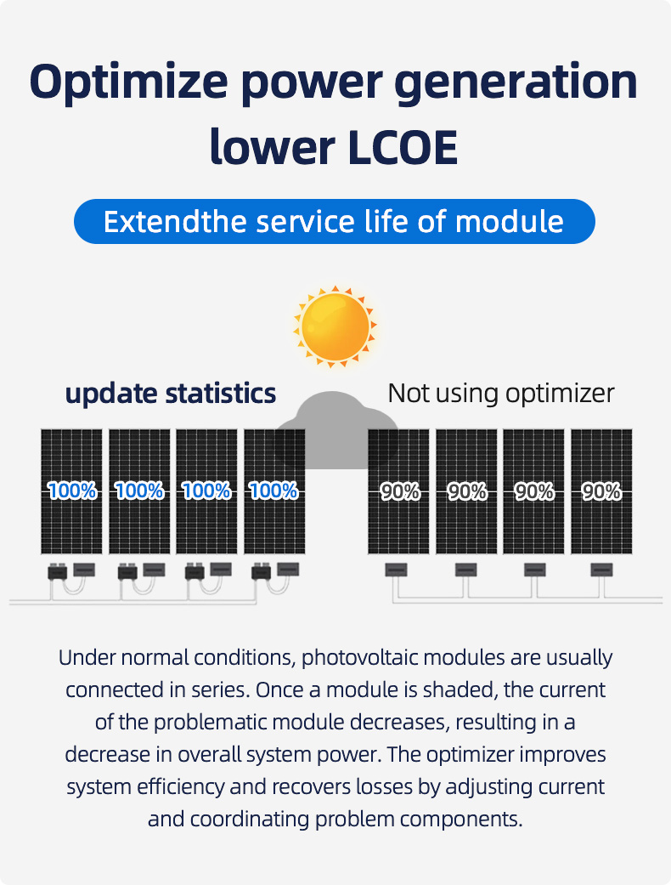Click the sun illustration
click(335, 326)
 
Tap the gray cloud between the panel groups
click(336, 430)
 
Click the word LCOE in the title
click(403, 148)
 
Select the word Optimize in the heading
click(128, 82)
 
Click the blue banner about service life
click(335, 221)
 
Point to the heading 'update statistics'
click(171, 394)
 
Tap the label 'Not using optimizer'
click(501, 394)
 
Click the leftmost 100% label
click(72, 491)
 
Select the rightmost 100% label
click(273, 491)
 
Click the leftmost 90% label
click(400, 491)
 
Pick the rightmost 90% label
click(601, 491)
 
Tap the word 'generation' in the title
click(516, 82)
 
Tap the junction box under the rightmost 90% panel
click(601, 570)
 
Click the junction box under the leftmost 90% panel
click(397, 570)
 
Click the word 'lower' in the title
click(273, 148)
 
